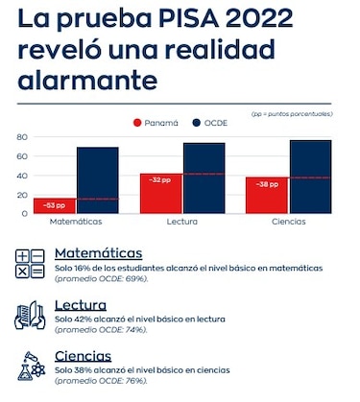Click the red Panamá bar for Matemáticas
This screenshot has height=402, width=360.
tap(56, 204)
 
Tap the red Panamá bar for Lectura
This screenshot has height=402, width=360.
tap(160, 193)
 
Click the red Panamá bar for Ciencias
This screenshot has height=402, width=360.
tap(267, 195)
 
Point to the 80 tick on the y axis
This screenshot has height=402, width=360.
tap(22, 136)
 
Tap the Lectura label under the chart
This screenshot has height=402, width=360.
tap(181, 222)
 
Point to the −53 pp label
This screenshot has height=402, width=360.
tap(55, 205)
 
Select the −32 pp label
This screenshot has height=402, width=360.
tap(159, 179)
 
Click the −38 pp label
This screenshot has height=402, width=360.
tap(266, 183)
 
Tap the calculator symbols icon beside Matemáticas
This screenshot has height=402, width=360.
tap(30, 263)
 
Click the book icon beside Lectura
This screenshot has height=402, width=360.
tap(30, 315)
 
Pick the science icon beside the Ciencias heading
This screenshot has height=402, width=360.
tap(30, 366)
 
